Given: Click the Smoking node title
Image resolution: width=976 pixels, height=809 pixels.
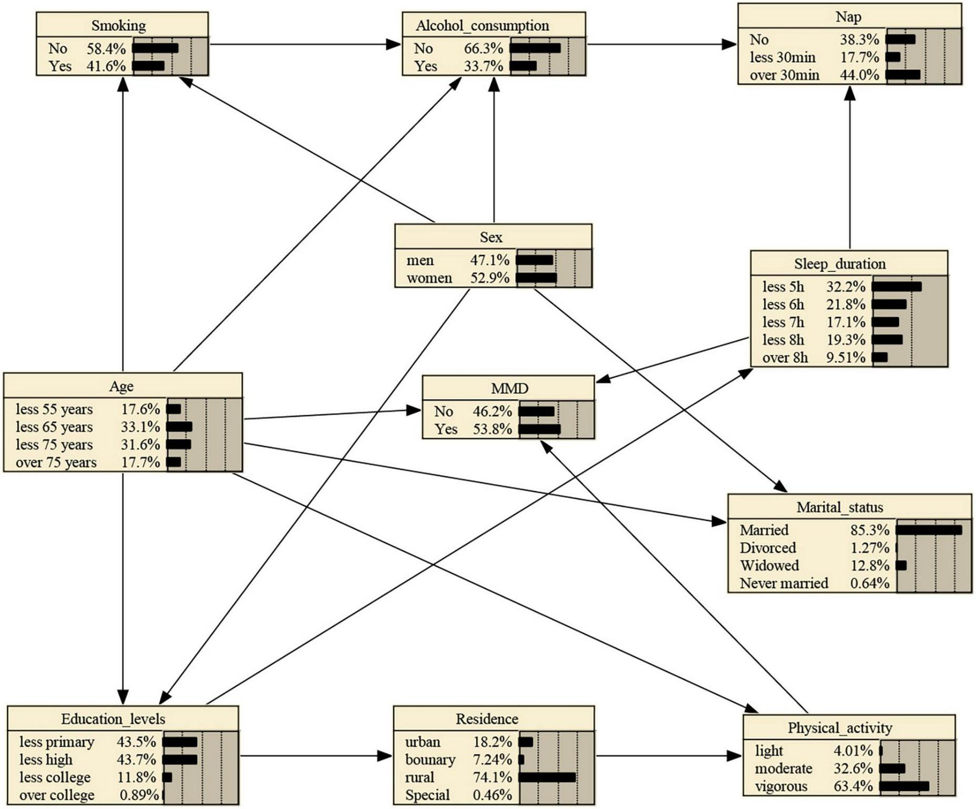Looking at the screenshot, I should pos(118,25).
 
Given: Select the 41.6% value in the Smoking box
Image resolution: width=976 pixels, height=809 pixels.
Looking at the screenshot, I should pos(106,66).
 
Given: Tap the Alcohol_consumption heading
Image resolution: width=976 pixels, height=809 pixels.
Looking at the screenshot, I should pos(482,25).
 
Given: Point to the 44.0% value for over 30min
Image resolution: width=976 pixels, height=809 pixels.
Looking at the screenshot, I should pos(859,75).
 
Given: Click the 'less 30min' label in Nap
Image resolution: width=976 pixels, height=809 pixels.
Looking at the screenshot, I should pos(782,57).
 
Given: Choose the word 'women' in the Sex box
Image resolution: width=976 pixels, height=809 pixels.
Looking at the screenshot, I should pos(429,278).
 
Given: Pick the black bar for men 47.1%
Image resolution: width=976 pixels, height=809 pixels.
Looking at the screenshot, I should pos(534,260).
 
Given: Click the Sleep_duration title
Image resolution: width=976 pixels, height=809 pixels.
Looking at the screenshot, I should pos(839,264).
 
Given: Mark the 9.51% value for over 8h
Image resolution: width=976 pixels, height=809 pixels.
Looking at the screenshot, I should pos(845,357).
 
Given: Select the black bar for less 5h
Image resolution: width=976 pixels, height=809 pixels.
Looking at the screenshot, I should pos(896,287).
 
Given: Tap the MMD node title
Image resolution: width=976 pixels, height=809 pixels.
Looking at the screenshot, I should pos(509,388).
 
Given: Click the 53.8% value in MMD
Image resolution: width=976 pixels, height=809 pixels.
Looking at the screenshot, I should pos(492,429).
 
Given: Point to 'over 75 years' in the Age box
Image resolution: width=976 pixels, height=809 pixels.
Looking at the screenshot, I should pos(56,462).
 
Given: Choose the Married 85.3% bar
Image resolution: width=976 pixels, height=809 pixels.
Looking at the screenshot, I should pos(929,530).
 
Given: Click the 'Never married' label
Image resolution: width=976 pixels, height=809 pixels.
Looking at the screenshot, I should pos(783,583).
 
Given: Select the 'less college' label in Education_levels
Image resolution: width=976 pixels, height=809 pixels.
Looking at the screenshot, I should pos(55,777).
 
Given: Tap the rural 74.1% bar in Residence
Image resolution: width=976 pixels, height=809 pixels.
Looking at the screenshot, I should pos(547,777).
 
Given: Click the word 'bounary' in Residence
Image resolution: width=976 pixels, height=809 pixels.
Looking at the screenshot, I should pos(430,759).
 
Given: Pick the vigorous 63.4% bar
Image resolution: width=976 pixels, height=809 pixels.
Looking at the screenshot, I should pos(904,786).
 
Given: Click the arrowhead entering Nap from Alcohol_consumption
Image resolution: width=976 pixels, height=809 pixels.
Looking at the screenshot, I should pos(730,45).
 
